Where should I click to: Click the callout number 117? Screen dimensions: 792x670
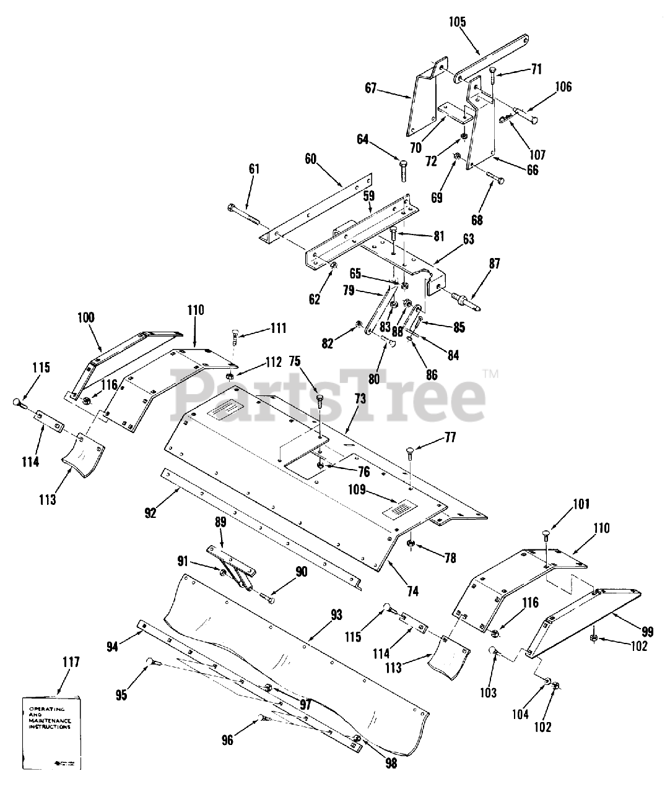pyautogui.click(x=71, y=662)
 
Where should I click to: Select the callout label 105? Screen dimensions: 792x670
pyautogui.click(x=458, y=23)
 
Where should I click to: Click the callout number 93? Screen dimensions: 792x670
pyautogui.click(x=336, y=615)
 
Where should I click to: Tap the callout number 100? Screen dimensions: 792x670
pyautogui.click(x=86, y=317)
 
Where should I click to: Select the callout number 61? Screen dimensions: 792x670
pyautogui.click(x=237, y=169)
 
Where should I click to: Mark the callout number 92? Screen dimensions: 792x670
pyautogui.click(x=150, y=512)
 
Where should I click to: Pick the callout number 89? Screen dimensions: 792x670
pyautogui.click(x=220, y=522)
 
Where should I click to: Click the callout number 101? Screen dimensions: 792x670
pyautogui.click(x=563, y=504)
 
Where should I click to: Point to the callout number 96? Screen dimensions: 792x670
pyautogui.click(x=228, y=739)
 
